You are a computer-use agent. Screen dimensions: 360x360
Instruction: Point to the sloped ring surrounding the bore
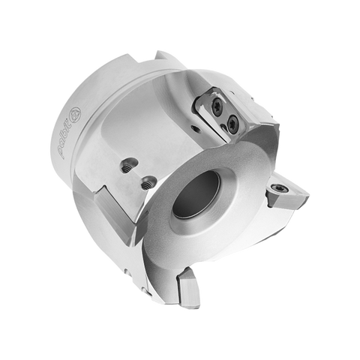pyautogui.click(x=225, y=225)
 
